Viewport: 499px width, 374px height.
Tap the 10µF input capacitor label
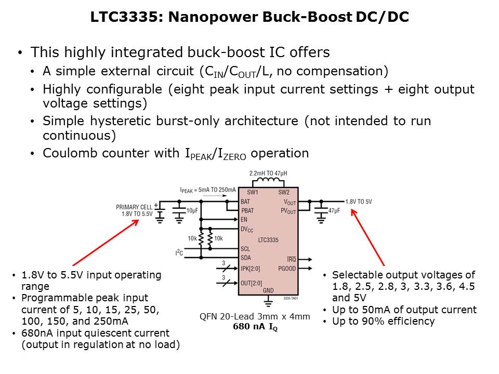tap(191, 210)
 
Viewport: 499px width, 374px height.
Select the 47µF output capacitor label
tap(335, 210)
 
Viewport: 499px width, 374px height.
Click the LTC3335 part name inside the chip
tap(268, 240)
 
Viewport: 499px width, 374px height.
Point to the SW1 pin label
tap(252, 192)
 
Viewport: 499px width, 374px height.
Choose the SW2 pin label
tap(284, 192)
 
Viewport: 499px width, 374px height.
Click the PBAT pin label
tap(248, 210)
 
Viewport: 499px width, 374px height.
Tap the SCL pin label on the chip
tap(246, 249)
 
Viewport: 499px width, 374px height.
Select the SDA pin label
tap(246, 258)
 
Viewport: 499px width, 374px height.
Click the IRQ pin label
tap(291, 259)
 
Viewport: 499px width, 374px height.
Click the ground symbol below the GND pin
tap(268, 300)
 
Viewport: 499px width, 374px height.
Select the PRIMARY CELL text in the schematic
tap(134, 207)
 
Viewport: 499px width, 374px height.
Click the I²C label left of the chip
tap(179, 253)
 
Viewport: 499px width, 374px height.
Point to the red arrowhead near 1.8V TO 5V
tap(354, 211)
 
